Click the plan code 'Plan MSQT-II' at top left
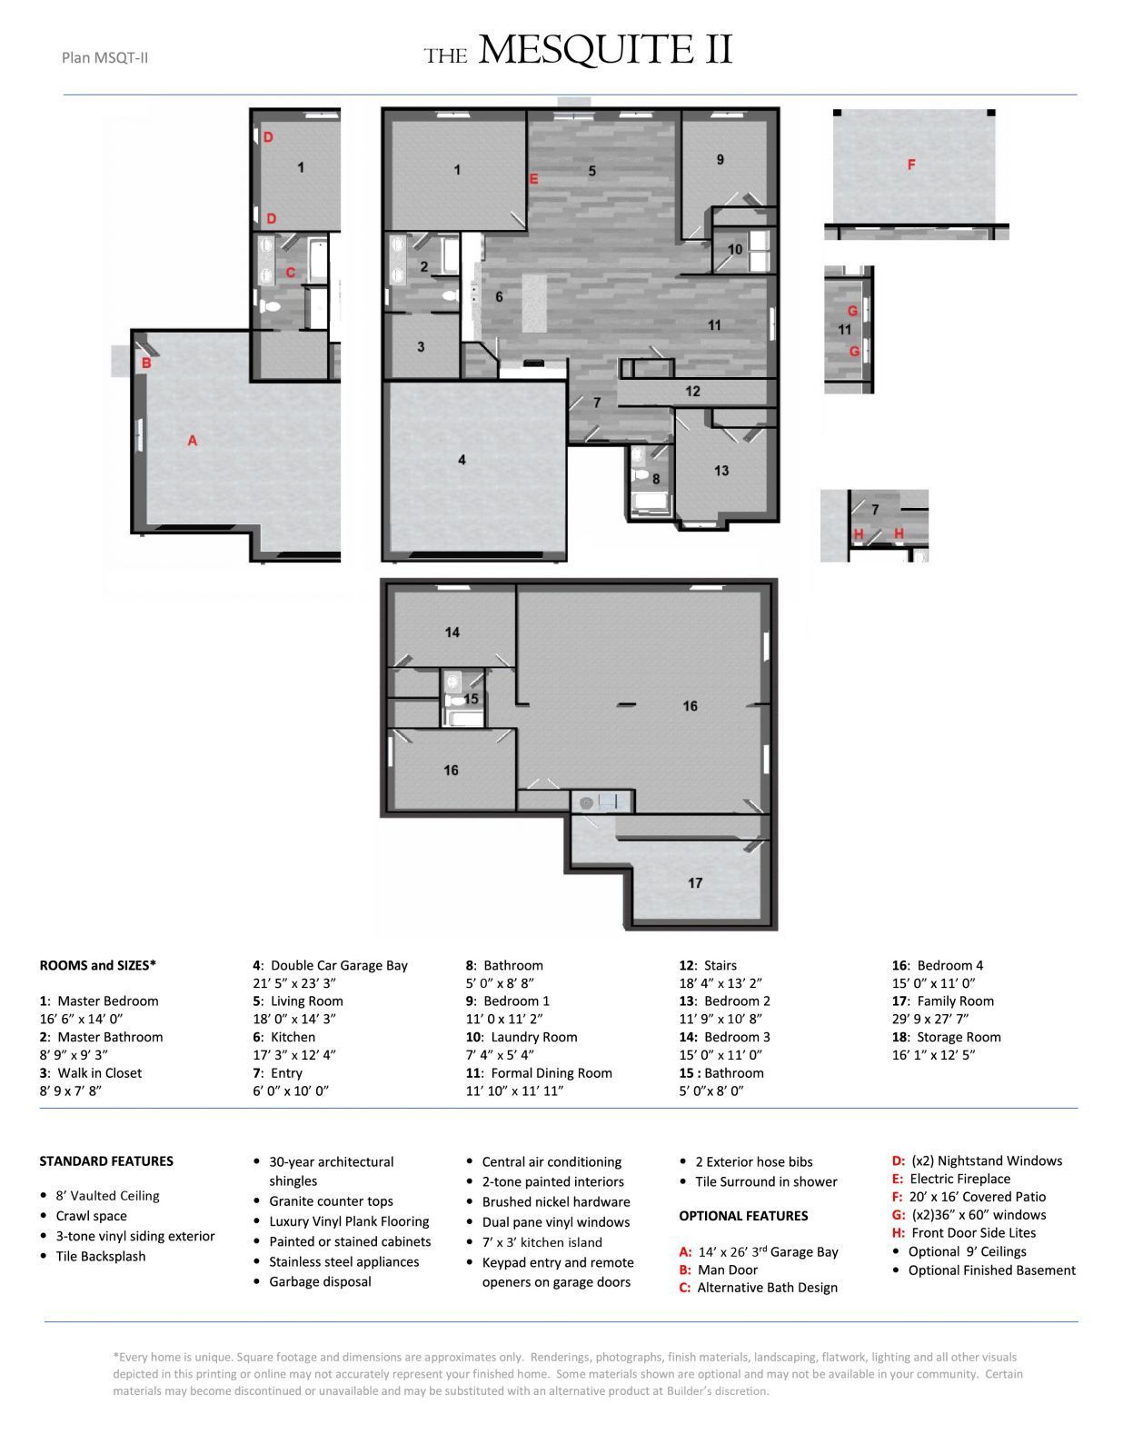[x=104, y=58]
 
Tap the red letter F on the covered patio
[x=910, y=164]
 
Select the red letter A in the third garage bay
[x=192, y=441]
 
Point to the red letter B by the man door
[x=145, y=364]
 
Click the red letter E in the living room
[x=533, y=179]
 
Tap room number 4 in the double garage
[x=462, y=460]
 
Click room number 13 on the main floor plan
[x=721, y=471]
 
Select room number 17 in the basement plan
[x=695, y=882]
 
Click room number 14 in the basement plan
[x=452, y=632]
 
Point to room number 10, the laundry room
[x=735, y=249]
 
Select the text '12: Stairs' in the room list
[x=708, y=965]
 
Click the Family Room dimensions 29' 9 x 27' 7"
[x=935, y=1019]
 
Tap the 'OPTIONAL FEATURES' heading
[x=743, y=1216]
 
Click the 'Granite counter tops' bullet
[x=331, y=1201]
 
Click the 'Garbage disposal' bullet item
[x=320, y=1281]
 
